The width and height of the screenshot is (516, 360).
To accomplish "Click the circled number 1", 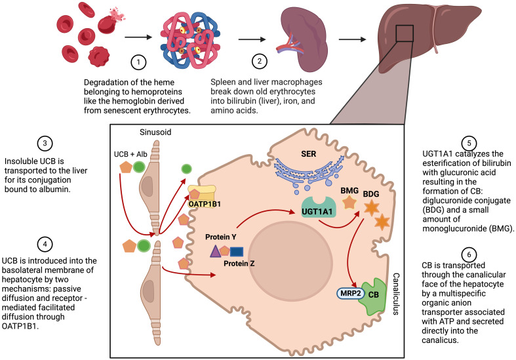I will [138, 64].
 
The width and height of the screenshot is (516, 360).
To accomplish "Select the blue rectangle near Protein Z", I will [237, 250].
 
